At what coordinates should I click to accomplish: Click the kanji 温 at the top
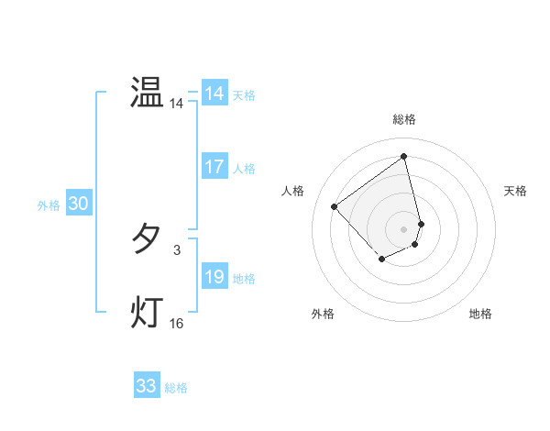147,94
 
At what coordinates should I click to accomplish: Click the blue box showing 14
214,94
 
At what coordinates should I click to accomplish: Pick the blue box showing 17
214,167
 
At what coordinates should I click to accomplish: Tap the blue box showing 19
214,277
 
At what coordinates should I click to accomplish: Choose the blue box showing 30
78,204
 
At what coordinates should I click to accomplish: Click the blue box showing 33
146,386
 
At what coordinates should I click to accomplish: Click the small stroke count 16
177,324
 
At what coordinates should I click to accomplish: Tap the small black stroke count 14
177,105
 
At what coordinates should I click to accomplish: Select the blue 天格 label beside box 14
244,94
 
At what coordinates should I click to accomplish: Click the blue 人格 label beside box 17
244,168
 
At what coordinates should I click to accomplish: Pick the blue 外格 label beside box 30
49,205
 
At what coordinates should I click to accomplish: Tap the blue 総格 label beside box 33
176,387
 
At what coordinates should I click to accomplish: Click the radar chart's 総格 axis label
404,119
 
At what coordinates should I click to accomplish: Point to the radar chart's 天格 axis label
516,191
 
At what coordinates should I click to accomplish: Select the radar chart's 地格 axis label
480,314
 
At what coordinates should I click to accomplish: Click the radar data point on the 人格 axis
335,206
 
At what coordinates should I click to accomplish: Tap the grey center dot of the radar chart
404,228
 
